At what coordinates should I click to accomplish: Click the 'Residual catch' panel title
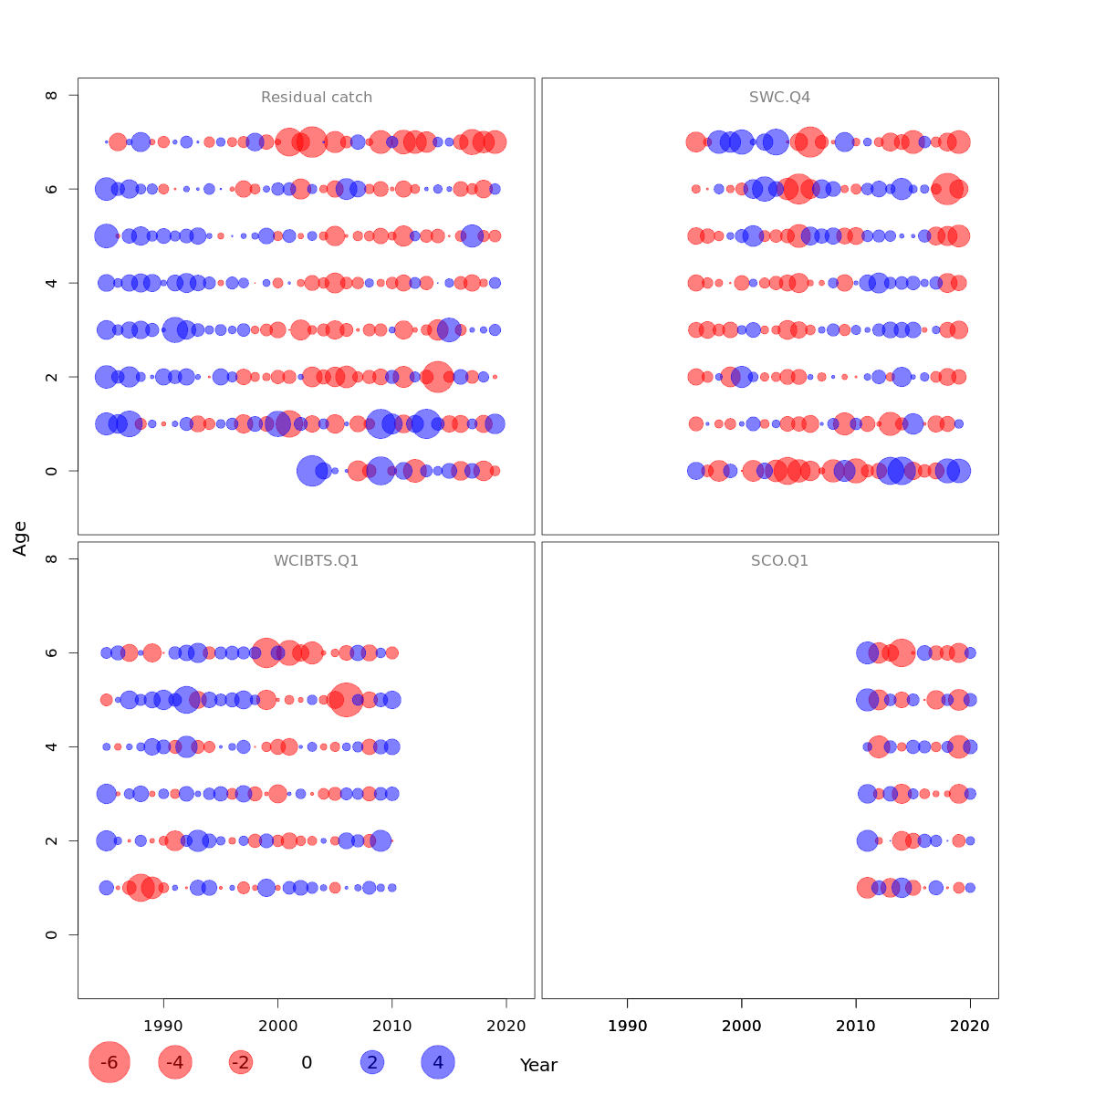pyautogui.click(x=317, y=98)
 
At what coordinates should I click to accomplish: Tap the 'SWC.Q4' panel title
pyautogui.click(x=779, y=98)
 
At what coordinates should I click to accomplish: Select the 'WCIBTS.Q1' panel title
pyautogui.click(x=317, y=561)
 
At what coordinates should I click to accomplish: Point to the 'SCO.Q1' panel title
pyautogui.click(x=779, y=561)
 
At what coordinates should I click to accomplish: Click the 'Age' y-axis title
pyautogui.click(x=20, y=538)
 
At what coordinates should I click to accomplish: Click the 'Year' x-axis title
pyautogui.click(x=538, y=1065)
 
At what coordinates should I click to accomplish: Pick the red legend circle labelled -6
pyautogui.click(x=109, y=1062)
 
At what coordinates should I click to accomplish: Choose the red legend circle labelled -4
pyautogui.click(x=175, y=1062)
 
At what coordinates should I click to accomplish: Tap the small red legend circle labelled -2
pyautogui.click(x=241, y=1062)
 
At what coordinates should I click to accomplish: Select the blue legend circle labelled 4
pyautogui.click(x=438, y=1062)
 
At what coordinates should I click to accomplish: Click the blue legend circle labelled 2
pyautogui.click(x=371, y=1062)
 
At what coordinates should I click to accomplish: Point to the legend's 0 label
pyautogui.click(x=307, y=1062)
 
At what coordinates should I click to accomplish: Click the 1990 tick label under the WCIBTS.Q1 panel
pyautogui.click(x=163, y=1026)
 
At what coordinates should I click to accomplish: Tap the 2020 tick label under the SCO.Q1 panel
pyautogui.click(x=970, y=1026)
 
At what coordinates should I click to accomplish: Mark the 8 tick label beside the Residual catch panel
pyautogui.click(x=51, y=95)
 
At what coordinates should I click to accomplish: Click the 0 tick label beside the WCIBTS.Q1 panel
pyautogui.click(x=51, y=934)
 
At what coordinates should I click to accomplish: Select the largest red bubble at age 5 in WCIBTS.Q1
pyautogui.click(x=346, y=700)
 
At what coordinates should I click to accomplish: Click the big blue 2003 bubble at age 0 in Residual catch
pyautogui.click(x=312, y=471)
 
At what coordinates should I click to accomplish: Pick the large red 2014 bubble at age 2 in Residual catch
pyautogui.click(x=437, y=377)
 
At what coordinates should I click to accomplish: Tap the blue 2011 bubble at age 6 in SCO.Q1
pyautogui.click(x=867, y=652)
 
